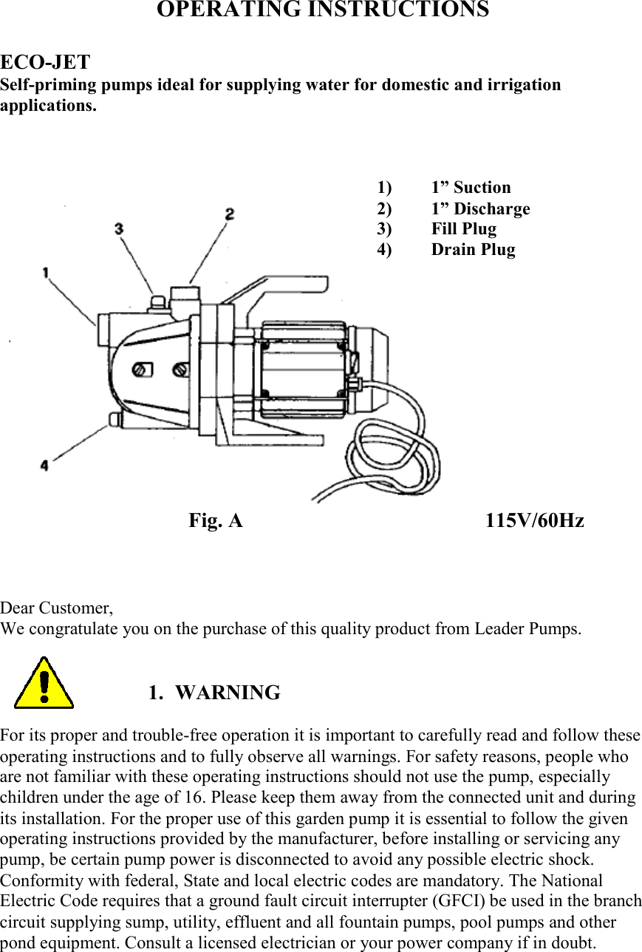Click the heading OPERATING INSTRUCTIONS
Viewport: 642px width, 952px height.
[x=322, y=10]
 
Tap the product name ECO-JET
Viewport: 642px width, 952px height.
[x=45, y=62]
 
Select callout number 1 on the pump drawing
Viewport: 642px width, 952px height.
[x=46, y=273]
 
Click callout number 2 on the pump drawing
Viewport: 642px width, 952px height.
[x=230, y=214]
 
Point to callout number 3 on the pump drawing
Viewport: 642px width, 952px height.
[x=119, y=229]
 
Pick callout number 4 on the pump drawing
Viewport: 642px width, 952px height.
[x=44, y=466]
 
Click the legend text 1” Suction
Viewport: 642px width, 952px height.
[x=471, y=188]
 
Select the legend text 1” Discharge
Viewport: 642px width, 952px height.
[x=480, y=209]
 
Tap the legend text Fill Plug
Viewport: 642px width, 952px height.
[x=464, y=229]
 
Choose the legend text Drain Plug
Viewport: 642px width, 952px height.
[x=473, y=250]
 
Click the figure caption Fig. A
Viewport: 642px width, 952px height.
[x=215, y=521]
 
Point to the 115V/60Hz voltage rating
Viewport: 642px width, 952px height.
[x=534, y=521]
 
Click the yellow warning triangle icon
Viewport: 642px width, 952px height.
[x=44, y=684]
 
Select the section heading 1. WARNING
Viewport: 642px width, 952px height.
[x=214, y=693]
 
